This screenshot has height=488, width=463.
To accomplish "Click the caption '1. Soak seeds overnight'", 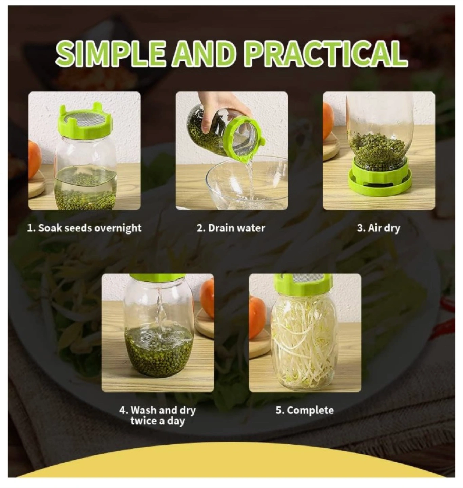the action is point(84,228).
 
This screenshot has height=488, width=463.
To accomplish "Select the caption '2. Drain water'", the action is point(231,228).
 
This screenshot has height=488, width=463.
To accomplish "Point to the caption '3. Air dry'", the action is point(379,228).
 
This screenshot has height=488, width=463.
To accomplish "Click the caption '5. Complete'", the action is point(305,410).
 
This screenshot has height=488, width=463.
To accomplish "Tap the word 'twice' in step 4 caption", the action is point(143,421).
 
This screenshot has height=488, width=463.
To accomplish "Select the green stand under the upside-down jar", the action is point(380,178).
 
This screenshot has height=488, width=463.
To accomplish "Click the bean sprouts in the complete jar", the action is point(304,342).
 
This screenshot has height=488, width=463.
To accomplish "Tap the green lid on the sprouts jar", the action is point(303,283).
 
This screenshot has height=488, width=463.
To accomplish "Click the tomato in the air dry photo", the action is point(328,121).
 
